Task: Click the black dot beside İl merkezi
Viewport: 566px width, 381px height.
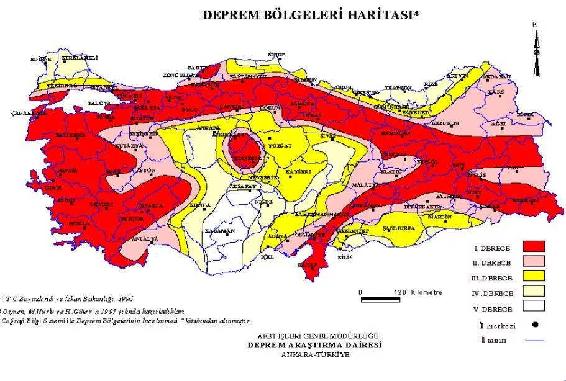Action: click(x=534, y=324)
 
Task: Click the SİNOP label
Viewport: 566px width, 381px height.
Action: click(x=275, y=55)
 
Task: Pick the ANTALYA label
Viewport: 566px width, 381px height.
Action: click(x=147, y=238)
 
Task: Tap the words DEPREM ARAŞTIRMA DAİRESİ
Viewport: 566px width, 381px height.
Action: click(x=314, y=344)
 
